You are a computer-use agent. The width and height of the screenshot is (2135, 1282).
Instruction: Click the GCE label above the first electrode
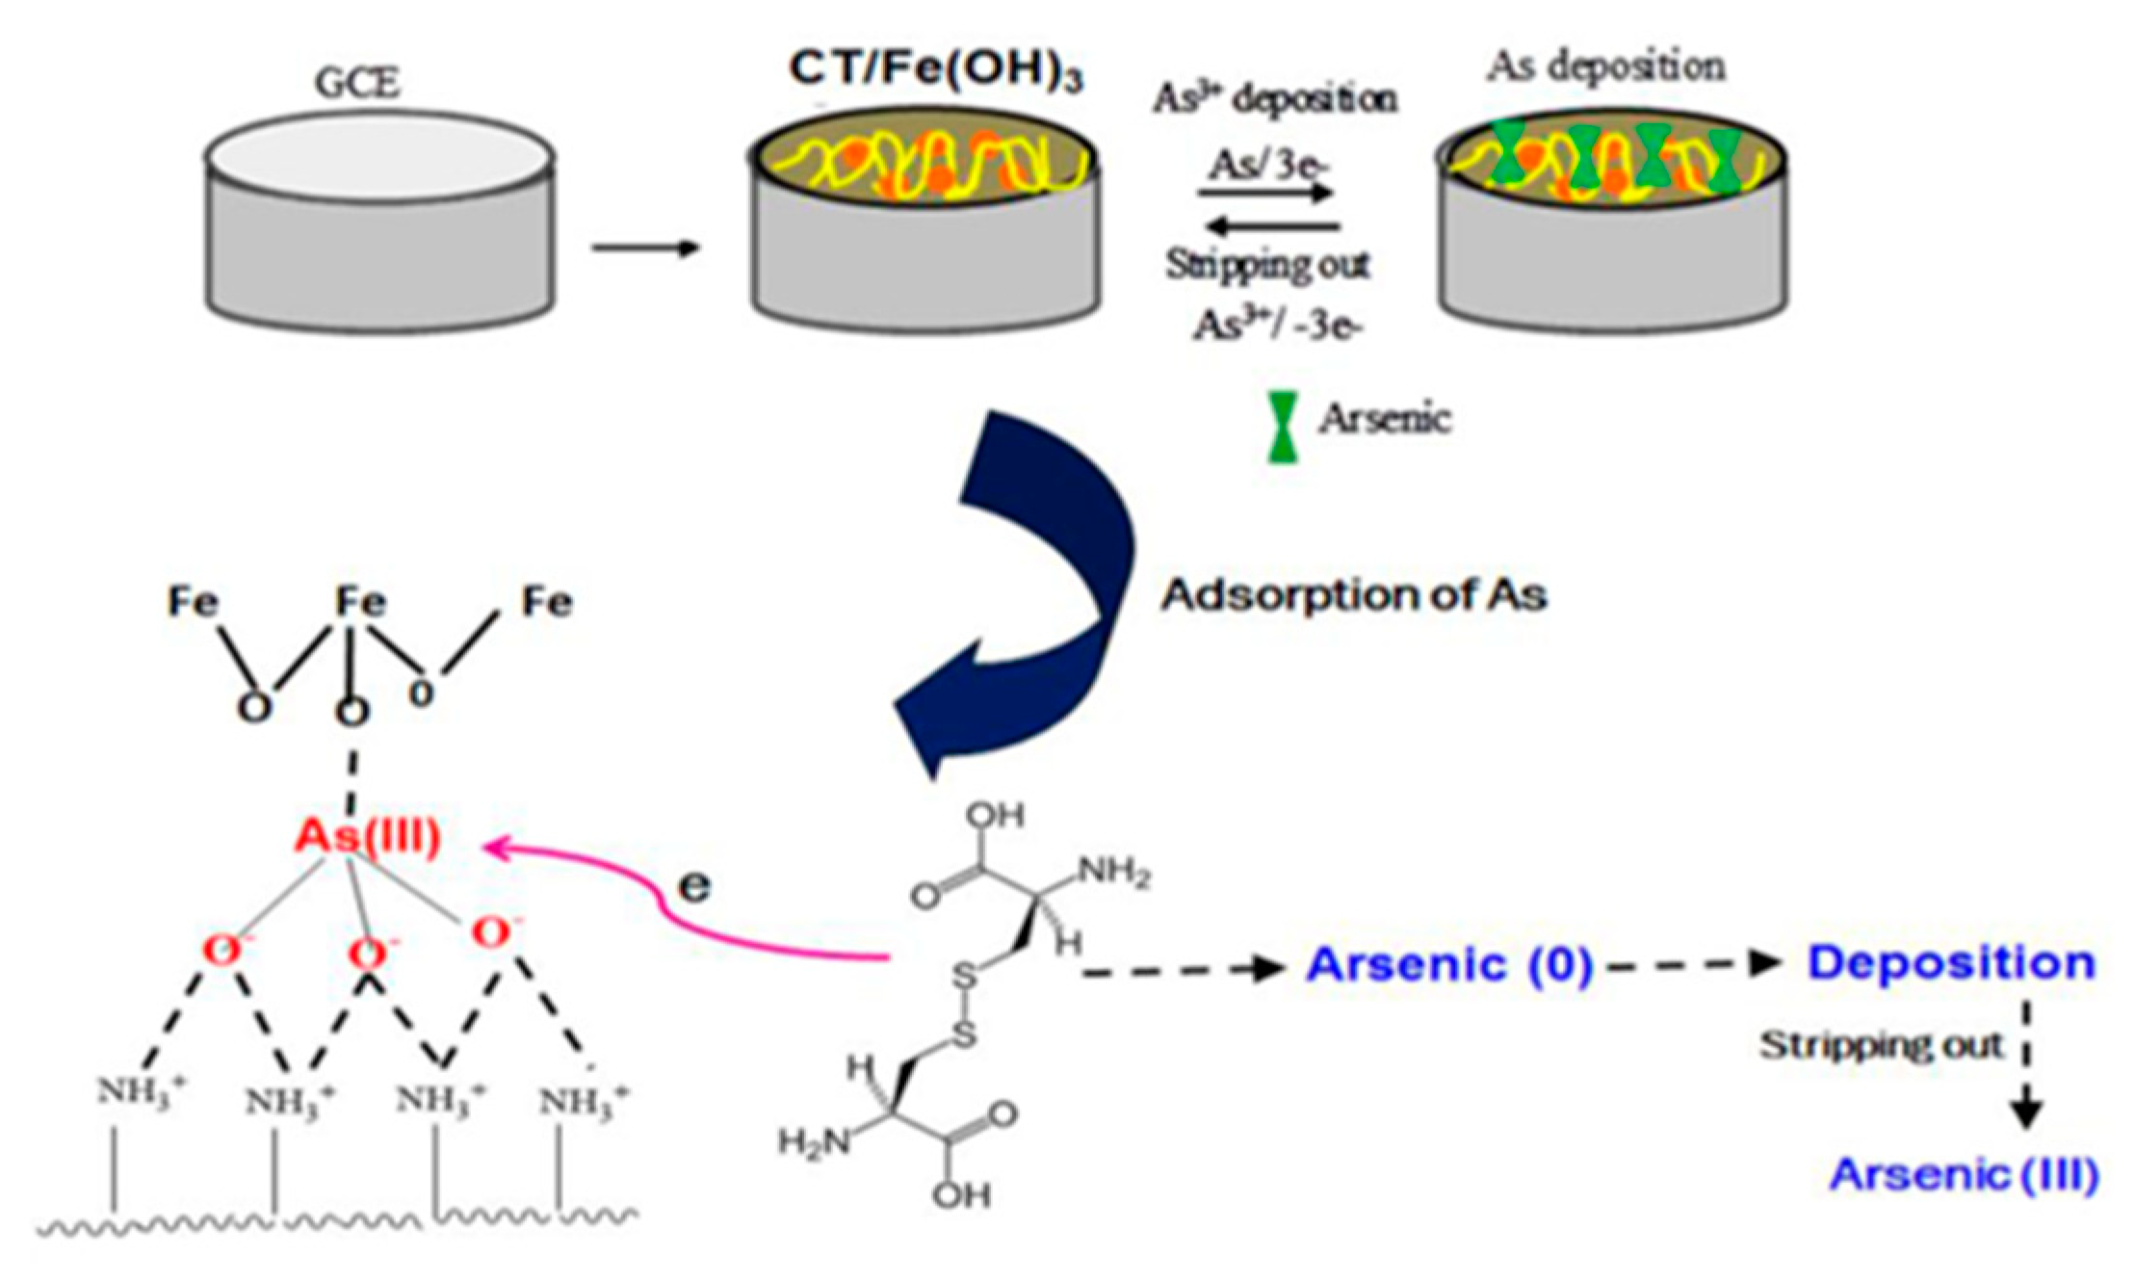click(357, 83)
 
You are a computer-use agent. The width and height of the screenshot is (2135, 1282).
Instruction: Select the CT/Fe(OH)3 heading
click(935, 70)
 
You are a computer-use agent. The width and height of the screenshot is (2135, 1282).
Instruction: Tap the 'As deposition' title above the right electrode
click(1604, 66)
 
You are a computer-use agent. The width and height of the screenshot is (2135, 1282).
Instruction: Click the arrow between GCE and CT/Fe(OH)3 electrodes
click(645, 249)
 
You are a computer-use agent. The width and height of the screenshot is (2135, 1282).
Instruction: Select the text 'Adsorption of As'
click(1353, 595)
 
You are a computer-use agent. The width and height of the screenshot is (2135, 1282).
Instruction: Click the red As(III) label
click(367, 836)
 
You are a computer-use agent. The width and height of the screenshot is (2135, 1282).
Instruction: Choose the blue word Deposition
click(1951, 963)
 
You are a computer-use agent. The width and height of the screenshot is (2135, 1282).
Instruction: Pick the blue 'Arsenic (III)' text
click(1964, 1174)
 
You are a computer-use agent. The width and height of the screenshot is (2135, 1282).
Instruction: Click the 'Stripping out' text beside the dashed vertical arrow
click(1881, 1045)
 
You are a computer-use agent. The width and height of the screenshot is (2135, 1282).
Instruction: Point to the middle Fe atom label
click(360, 603)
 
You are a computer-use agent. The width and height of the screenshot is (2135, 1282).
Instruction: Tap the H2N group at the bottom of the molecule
click(815, 1142)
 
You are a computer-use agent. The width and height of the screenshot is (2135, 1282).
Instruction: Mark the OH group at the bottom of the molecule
click(961, 1195)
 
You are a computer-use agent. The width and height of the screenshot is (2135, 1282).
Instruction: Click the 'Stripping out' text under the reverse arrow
click(1267, 264)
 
